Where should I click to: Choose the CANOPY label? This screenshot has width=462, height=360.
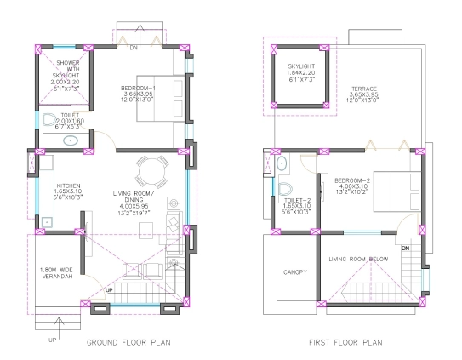click(294, 272)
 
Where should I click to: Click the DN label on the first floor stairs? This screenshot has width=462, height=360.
click(405, 248)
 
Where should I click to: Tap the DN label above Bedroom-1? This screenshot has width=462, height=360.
click(132, 49)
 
